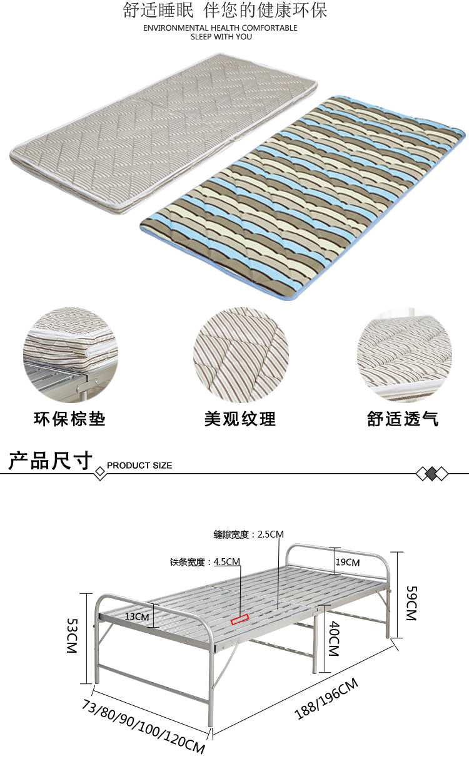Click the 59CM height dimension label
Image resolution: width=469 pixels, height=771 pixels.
411,603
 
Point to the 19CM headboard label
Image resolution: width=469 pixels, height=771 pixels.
348,562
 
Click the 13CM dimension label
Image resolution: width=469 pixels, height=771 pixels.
137,616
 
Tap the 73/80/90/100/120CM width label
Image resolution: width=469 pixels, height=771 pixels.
143,727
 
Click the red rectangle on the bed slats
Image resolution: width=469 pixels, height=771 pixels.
240,620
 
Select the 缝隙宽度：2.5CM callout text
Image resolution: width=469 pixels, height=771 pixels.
249,534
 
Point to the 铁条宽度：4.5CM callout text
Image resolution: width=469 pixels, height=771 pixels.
205,562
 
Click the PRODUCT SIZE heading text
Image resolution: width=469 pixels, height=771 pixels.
139,466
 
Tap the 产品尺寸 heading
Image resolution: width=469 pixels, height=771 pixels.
50,461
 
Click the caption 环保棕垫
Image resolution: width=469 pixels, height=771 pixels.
69,419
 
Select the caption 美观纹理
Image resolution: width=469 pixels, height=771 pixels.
240,419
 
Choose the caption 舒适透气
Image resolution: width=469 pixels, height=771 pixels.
403,419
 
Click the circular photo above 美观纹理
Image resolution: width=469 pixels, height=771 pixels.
241,355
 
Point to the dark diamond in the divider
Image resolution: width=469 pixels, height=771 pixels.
431,474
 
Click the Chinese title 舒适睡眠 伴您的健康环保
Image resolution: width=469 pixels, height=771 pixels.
226,11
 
